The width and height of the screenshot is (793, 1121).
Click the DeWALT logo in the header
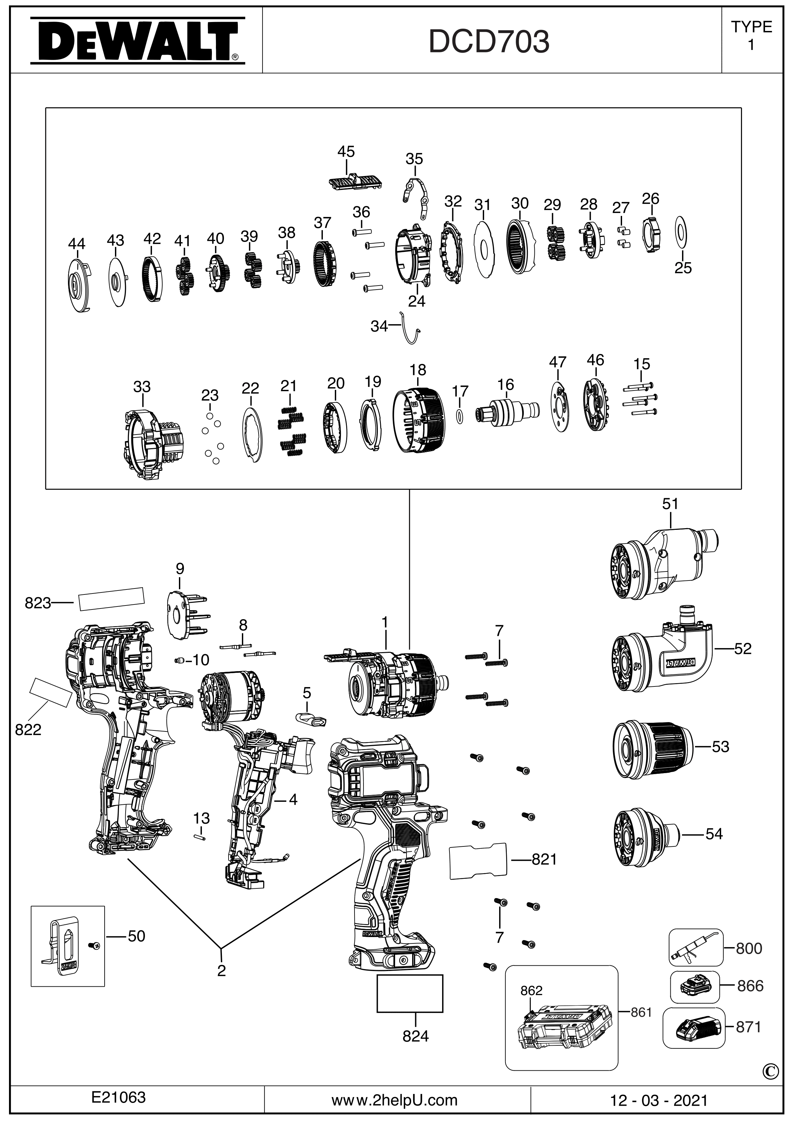point(137,41)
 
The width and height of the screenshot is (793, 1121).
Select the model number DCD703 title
point(489,42)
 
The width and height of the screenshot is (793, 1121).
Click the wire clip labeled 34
point(410,329)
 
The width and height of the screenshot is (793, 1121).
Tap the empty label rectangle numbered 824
point(410,993)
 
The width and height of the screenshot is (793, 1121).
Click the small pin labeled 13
point(199,836)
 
